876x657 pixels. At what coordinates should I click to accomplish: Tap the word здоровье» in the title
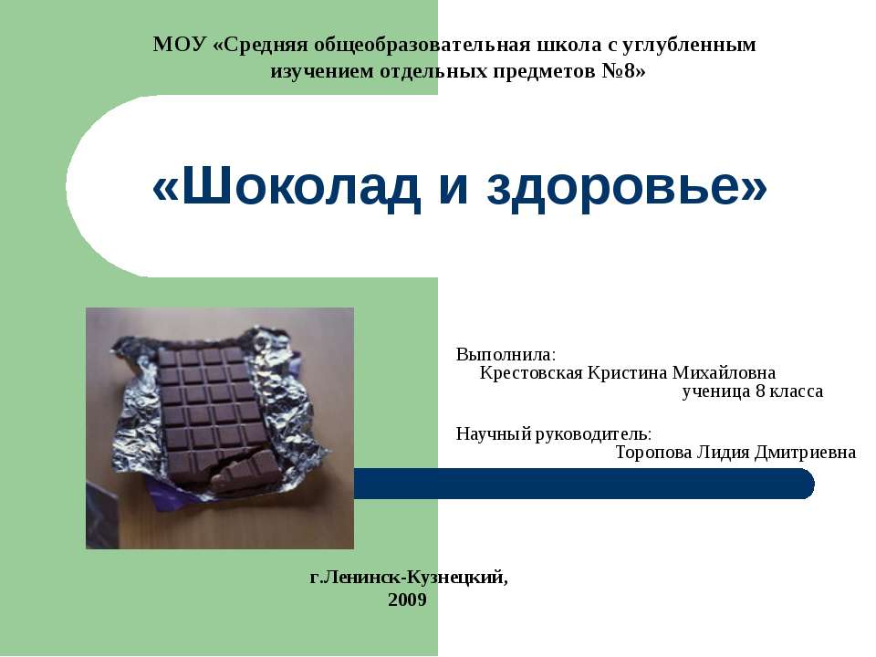coord(627,189)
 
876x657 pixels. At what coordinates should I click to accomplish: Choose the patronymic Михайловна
coord(725,372)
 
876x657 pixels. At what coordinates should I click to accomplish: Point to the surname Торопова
coord(653,452)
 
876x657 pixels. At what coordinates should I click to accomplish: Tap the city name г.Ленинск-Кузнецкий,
coord(410,577)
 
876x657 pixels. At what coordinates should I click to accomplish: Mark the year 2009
coord(407,600)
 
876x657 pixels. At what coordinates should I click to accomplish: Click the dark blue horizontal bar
coord(584,484)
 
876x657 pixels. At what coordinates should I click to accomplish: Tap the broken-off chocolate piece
coord(242,474)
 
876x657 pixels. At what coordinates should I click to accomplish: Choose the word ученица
coord(714,391)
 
